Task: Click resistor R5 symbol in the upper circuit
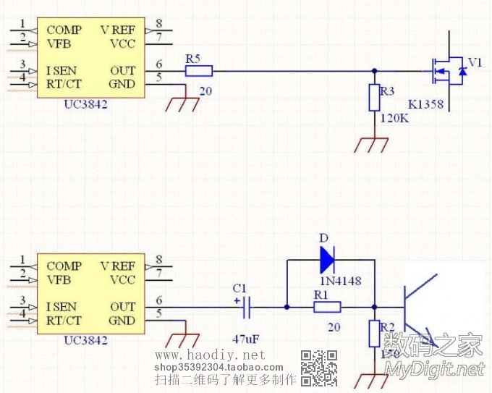198,71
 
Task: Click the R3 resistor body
374,97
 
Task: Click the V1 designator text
474,63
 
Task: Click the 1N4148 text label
339,280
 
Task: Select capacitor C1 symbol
246,308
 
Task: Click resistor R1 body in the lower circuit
326,308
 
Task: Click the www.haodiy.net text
211,355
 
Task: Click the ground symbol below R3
372,145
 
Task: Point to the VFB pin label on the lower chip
59,280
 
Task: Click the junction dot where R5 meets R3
374,71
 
